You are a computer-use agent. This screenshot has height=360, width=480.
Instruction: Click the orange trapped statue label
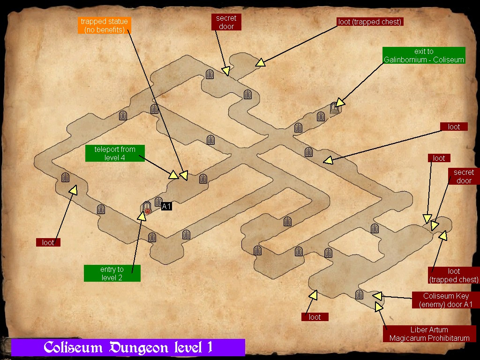pyautogui.click(x=104, y=26)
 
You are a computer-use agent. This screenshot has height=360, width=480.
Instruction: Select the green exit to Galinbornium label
pyautogui.click(x=424, y=55)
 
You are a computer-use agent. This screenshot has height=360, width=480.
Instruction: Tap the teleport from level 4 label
pyautogui.click(x=115, y=153)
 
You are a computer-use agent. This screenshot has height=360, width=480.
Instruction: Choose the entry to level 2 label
pyautogui.click(x=112, y=273)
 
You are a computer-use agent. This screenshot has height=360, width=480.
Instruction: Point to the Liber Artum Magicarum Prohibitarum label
pyautogui.click(x=429, y=334)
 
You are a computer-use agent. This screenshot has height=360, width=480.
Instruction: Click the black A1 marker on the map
pyautogui.click(x=166, y=206)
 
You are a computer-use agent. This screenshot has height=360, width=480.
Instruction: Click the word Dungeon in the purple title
pyautogui.click(x=139, y=347)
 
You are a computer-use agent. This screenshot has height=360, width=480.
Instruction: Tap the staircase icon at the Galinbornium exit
pyautogui.click(x=335, y=108)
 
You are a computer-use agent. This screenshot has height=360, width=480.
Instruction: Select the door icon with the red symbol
pyautogui.click(x=147, y=208)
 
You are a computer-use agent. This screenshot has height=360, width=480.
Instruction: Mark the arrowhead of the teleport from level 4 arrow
pyautogui.click(x=173, y=175)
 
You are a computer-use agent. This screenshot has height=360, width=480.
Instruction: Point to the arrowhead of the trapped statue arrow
pyautogui.click(x=184, y=176)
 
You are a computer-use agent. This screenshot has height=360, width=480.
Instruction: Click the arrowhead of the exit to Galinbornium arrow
pyautogui.click(x=340, y=103)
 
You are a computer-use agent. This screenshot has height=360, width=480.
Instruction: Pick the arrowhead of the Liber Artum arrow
pyautogui.click(x=378, y=307)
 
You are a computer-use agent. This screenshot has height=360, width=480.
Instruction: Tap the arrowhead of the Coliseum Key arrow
pyautogui.click(x=377, y=296)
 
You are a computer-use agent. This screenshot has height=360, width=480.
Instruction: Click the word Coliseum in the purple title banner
pyautogui.click(x=74, y=347)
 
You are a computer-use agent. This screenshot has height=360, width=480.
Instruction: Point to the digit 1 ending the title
pyautogui.click(x=209, y=347)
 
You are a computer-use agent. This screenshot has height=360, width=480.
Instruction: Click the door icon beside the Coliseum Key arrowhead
pyautogui.click(x=360, y=294)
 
